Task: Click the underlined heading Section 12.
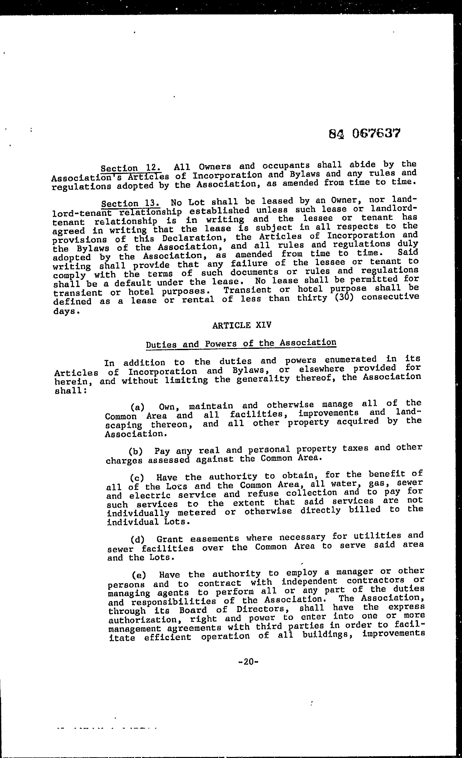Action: (131, 168)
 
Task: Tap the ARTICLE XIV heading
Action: (242, 325)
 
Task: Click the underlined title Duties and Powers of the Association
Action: (241, 343)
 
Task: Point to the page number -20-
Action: (248, 661)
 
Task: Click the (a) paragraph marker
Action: (138, 407)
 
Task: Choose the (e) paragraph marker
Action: (139, 575)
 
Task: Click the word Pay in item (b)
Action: (162, 451)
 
